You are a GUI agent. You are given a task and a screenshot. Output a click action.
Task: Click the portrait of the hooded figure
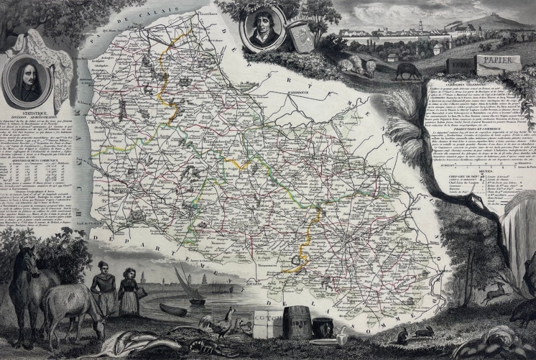point(28,79)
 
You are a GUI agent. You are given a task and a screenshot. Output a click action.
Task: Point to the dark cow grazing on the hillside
point(408,70)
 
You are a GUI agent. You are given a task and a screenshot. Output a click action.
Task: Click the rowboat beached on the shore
point(172,309)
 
